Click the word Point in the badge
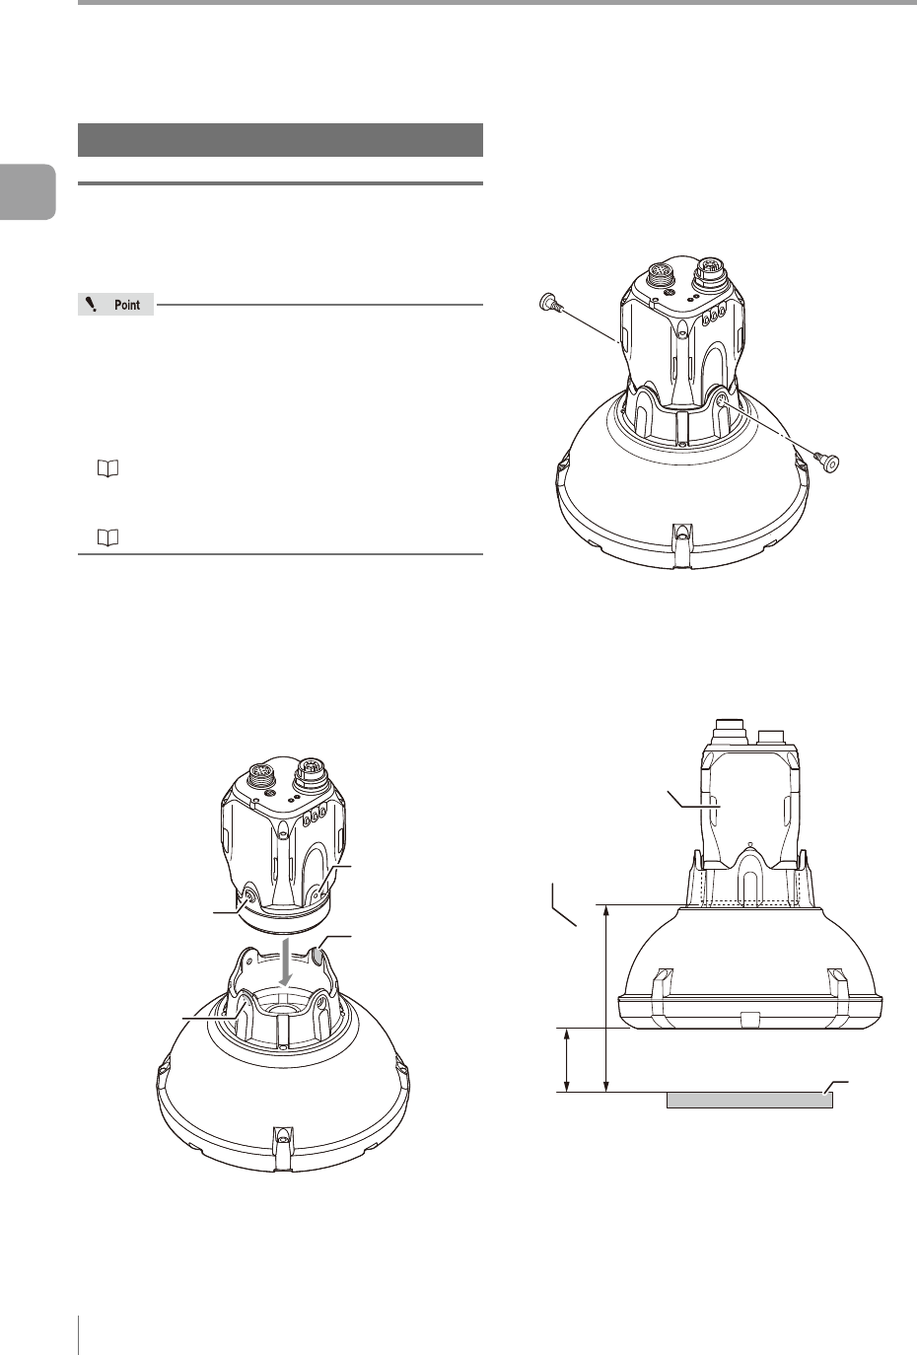coord(127,305)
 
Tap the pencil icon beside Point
coord(92,305)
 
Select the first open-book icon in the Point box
coord(107,468)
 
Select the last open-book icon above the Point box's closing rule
coord(107,537)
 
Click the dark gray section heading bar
coord(280,140)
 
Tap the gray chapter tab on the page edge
coord(28,191)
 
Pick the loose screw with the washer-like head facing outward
coord(827,462)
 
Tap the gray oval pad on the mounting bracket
coord(317,956)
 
